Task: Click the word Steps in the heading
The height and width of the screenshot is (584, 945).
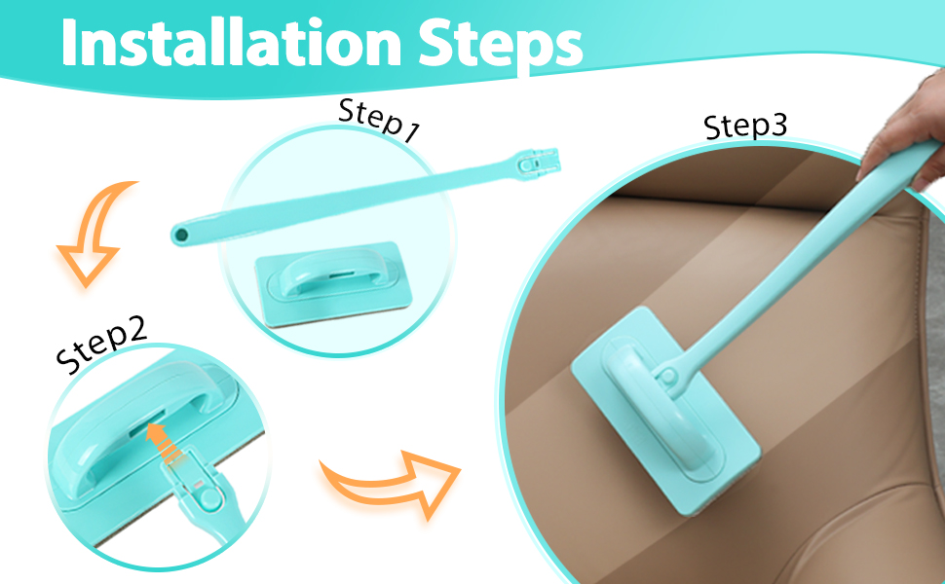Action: pyautogui.click(x=500, y=45)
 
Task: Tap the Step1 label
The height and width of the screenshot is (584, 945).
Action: pyautogui.click(x=378, y=120)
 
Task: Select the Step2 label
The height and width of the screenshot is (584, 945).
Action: pyautogui.click(x=100, y=344)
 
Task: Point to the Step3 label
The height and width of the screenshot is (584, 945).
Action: pyautogui.click(x=745, y=126)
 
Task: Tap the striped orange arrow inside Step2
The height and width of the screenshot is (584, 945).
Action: pyautogui.click(x=164, y=444)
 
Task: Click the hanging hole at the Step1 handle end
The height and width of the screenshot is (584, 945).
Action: pyautogui.click(x=179, y=235)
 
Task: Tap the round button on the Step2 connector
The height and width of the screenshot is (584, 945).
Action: pyautogui.click(x=210, y=496)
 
